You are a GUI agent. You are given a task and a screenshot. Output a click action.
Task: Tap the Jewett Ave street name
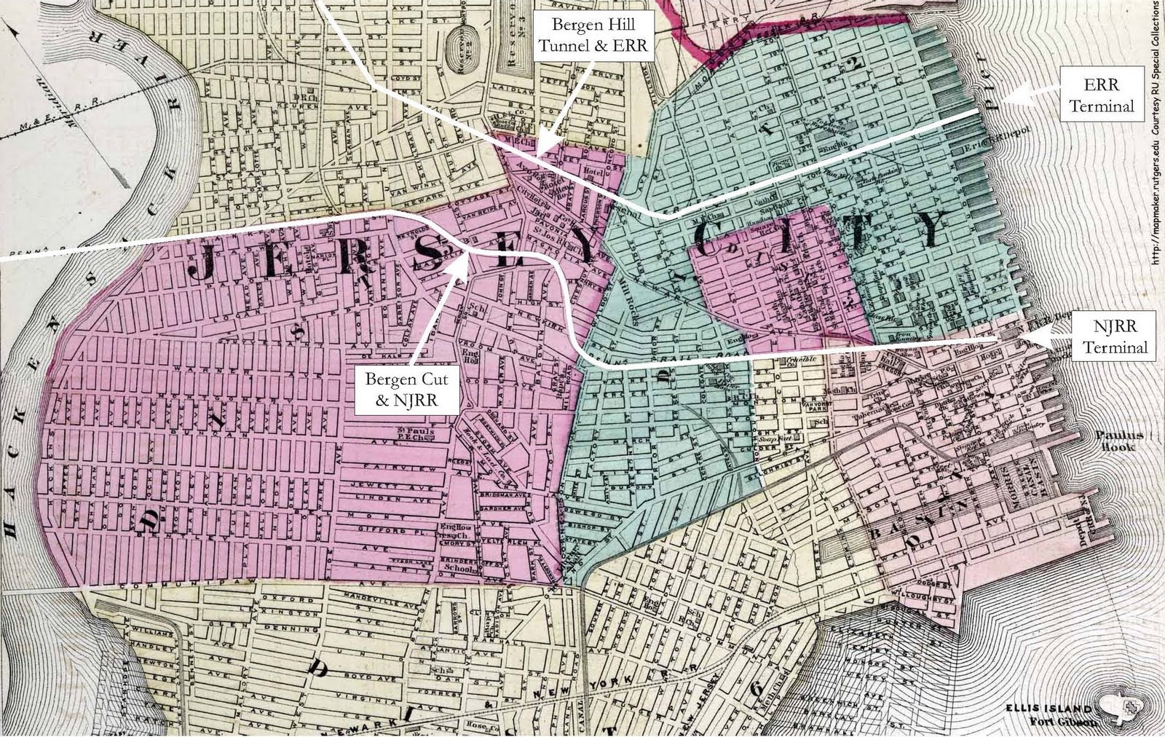click(394, 484)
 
